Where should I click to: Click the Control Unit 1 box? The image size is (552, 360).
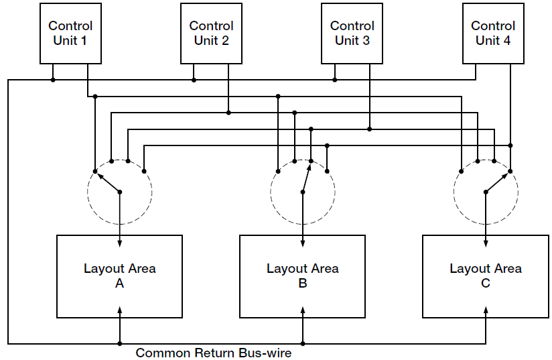click(70, 34)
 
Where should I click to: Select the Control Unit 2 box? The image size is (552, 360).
click(211, 34)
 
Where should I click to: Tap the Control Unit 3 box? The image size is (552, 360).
click(352, 34)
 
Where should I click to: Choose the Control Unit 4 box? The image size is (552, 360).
click(493, 34)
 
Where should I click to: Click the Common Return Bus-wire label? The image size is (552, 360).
click(214, 353)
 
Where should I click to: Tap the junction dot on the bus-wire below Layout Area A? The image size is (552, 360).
click(120, 343)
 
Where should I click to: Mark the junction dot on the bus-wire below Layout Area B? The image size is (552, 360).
click(303, 343)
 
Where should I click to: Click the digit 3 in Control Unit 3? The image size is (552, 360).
click(366, 40)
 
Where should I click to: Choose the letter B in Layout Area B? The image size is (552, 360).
click(303, 284)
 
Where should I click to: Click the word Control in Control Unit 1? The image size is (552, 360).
click(70, 26)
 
